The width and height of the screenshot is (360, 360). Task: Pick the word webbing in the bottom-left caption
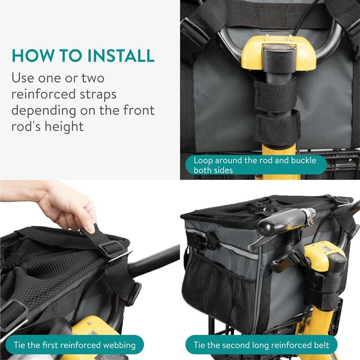click(119, 344)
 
